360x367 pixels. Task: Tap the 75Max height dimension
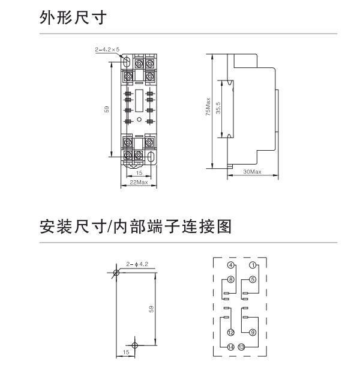208,109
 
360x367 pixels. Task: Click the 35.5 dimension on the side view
219,109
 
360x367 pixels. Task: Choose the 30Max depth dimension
253,172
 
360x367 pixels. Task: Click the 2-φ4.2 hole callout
137,264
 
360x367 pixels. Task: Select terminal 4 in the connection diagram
231,265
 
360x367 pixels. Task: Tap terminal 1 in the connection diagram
253,265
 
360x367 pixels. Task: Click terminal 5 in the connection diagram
253,279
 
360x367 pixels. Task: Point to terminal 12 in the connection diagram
231,333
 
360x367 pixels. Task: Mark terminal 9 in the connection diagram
253,333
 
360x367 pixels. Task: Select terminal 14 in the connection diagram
231,347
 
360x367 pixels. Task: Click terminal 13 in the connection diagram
241,347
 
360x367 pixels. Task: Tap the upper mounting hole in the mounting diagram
116,273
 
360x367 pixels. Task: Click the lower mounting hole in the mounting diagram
135,345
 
